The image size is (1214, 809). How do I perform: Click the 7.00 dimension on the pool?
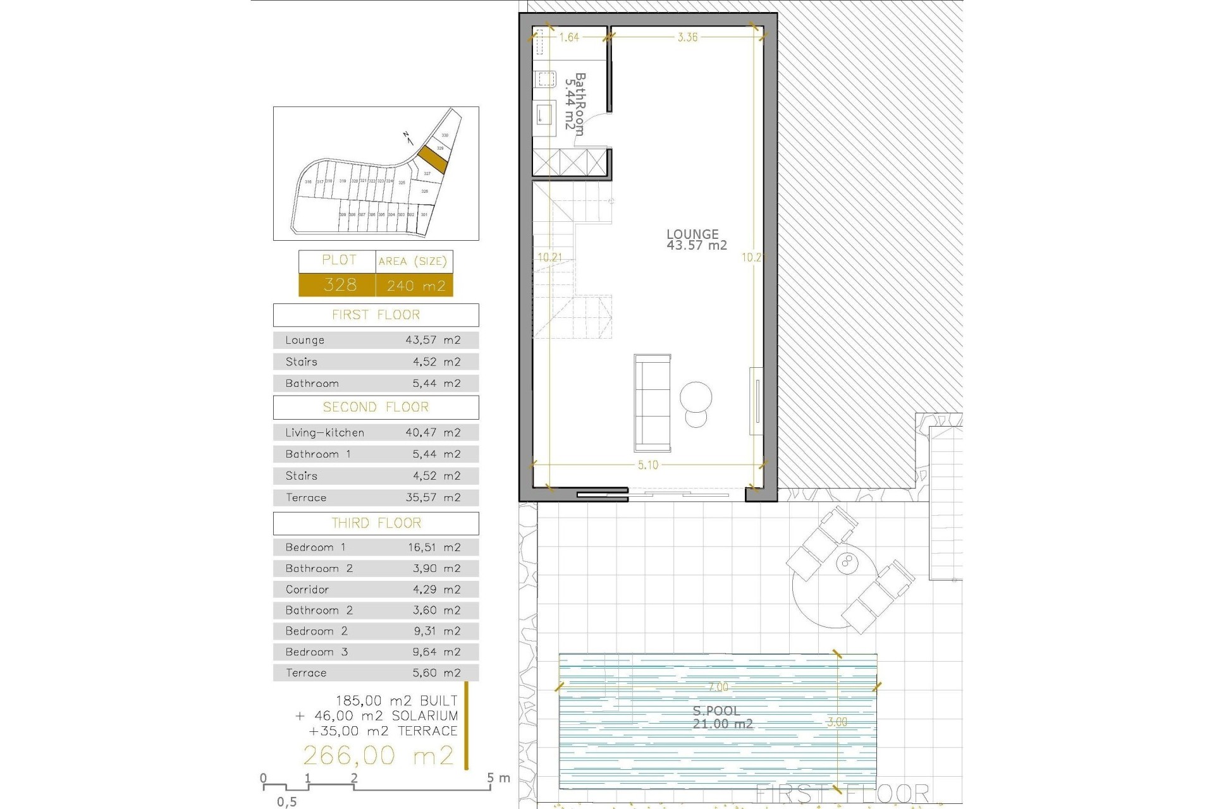pos(718,687)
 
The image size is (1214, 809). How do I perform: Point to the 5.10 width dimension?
pos(648,465)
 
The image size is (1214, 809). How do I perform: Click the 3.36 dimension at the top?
pos(687,37)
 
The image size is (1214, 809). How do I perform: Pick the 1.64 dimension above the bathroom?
pos(569,37)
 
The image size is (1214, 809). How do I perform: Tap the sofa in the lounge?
pos(653,403)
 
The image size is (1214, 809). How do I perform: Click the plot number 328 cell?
pos(340,285)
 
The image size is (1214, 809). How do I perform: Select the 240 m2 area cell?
pos(415,286)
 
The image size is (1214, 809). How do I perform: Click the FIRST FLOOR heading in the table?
pos(376,315)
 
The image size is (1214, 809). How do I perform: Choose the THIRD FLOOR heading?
pos(376,523)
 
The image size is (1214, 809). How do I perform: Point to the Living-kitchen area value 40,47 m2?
pos(433,433)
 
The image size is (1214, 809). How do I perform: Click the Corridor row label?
pos(307,590)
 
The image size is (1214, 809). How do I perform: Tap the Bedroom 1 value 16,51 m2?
pos(434,547)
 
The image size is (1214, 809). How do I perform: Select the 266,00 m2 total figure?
pos(378,755)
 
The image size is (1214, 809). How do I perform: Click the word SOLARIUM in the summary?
pos(424,716)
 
